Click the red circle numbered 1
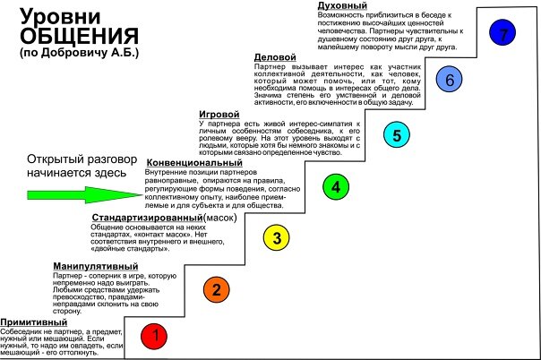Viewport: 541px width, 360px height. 157,337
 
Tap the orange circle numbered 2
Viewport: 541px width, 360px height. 216,288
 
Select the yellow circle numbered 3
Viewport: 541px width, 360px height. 277,237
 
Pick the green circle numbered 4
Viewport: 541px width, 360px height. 335,187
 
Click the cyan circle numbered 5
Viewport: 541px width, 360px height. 395,135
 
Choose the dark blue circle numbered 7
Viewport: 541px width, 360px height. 505,33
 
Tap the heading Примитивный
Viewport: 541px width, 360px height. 35,322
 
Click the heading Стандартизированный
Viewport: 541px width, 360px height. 147,217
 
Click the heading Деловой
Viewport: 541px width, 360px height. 276,57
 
